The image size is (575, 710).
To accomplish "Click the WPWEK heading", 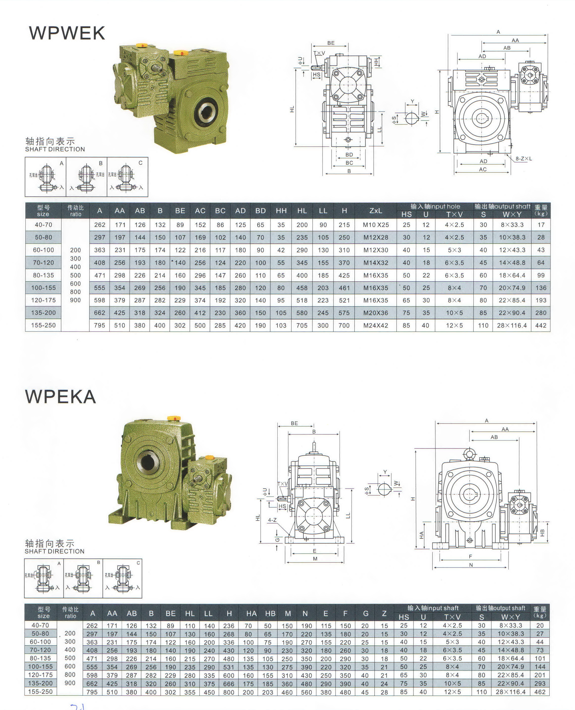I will pyautogui.click(x=67, y=33).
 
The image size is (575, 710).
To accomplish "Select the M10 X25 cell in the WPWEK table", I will pyautogui.click(x=376, y=225).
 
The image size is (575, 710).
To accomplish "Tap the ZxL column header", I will pyautogui.click(x=376, y=211).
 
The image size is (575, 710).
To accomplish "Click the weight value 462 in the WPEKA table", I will pyautogui.click(x=540, y=692).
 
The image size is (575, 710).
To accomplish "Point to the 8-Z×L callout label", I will pyautogui.click(x=523, y=159).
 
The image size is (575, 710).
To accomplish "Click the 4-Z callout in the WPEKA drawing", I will pyautogui.click(x=272, y=520).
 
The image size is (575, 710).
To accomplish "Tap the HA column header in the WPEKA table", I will pyautogui.click(x=251, y=614).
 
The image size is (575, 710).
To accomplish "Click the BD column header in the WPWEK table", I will pyautogui.click(x=260, y=211).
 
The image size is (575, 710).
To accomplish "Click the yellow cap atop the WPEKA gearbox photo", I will pyautogui.click(x=174, y=418).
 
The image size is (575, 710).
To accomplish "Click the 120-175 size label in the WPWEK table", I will pyautogui.click(x=43, y=300).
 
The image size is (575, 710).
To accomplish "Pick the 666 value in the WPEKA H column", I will pyautogui.click(x=229, y=684).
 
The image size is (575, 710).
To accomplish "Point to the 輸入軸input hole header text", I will pyautogui.click(x=435, y=207).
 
